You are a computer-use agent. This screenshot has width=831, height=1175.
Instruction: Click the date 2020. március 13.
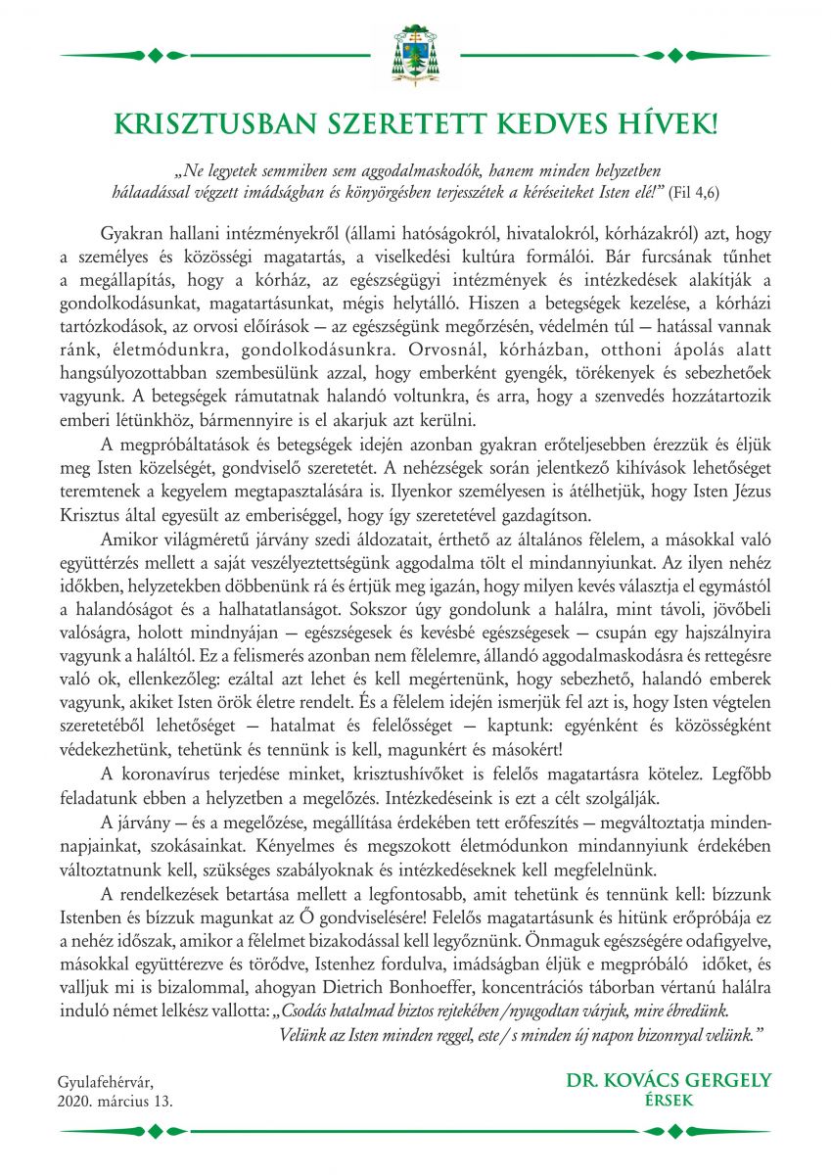[118, 1100]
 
